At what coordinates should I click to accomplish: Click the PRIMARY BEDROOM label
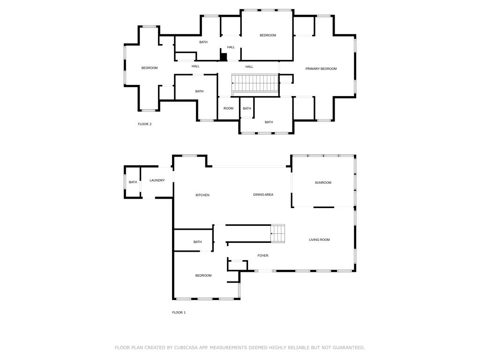coord(321,69)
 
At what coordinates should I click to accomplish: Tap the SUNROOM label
coord(323,183)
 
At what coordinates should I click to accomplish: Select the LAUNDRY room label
coord(157,180)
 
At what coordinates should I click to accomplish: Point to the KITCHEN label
coord(202,195)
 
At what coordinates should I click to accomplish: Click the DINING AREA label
coord(263,195)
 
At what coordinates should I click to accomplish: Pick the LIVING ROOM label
coord(319,240)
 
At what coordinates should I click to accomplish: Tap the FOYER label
coord(262,255)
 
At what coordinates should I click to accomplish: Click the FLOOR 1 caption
coord(179,313)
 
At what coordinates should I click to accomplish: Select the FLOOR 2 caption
coord(144,124)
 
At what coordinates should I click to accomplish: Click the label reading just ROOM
coord(228,108)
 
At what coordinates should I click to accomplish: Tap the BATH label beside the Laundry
coord(133,182)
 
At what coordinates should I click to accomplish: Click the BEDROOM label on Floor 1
coord(203,276)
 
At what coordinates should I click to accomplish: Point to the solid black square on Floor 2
coord(224,57)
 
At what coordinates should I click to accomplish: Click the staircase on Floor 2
coord(255,83)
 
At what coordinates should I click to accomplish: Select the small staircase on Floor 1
coord(277,233)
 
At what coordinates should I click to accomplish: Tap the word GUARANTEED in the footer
coord(349,348)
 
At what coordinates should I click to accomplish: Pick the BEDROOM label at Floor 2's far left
coord(150,68)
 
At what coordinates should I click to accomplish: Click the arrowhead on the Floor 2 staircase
coord(232,83)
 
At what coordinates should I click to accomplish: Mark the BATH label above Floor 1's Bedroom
coord(197,242)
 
